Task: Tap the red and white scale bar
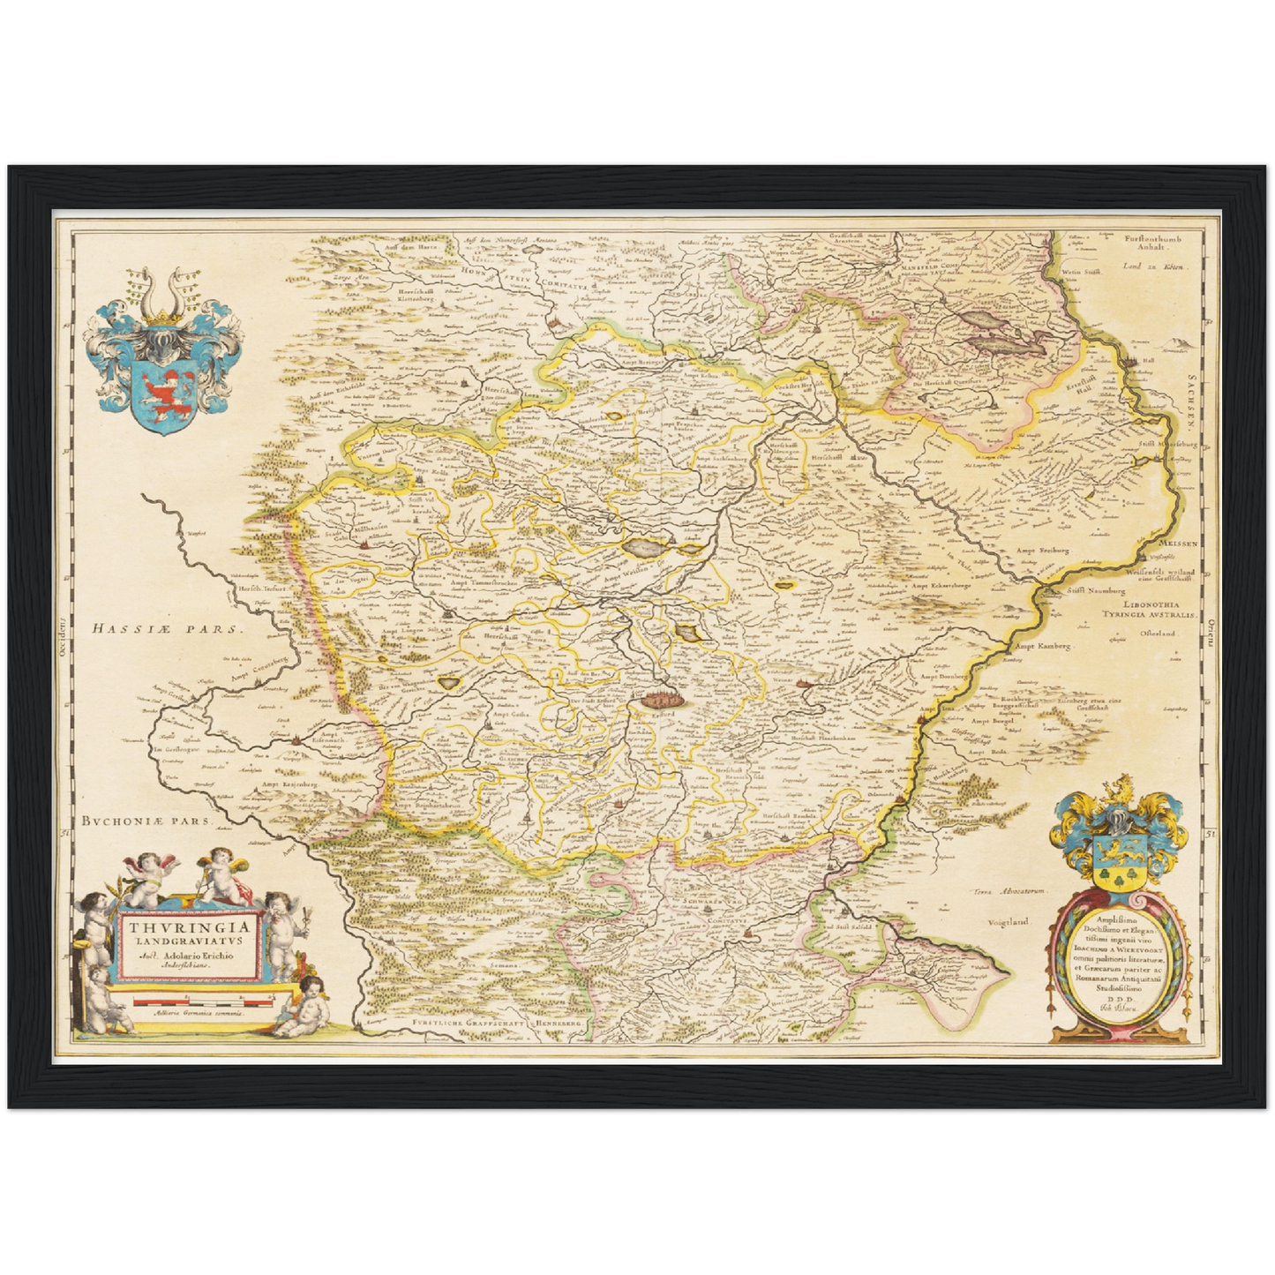tap(189, 1001)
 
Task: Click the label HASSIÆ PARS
tap(166, 628)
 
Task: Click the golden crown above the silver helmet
tap(161, 316)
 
